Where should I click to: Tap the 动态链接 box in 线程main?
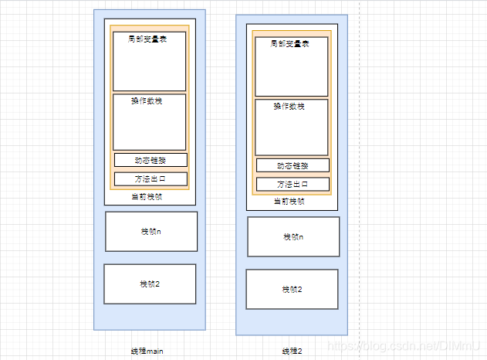(150, 160)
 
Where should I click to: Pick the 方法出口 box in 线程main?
(150, 179)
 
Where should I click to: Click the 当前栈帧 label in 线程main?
(147, 197)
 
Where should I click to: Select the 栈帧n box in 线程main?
(150, 232)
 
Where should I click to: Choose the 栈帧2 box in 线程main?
(150, 284)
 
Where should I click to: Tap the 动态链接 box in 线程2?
(293, 165)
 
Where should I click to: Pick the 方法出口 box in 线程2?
(293, 185)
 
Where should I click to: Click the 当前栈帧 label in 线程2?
(289, 202)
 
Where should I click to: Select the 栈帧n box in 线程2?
(293, 236)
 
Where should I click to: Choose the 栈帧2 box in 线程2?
(292, 289)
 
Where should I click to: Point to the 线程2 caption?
(291, 351)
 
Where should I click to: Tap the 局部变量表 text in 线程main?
(147, 39)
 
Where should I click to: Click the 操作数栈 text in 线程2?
(289, 107)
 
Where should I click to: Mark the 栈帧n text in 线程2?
(293, 236)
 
